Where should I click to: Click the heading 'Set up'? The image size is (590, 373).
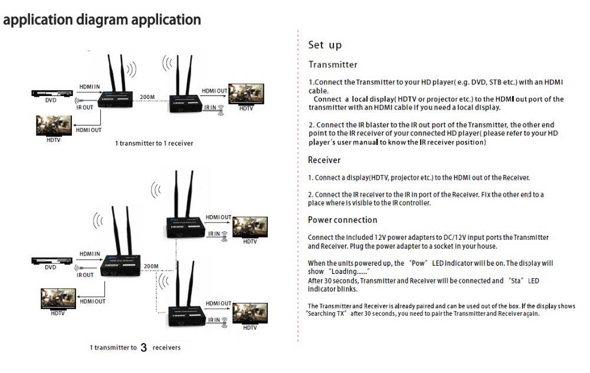coord(324,45)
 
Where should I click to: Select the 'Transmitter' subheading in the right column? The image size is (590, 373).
coord(333,65)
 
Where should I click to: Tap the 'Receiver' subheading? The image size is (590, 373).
coord(324,160)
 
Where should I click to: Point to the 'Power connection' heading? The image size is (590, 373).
coord(342,220)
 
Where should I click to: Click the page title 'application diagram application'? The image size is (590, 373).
coord(102,19)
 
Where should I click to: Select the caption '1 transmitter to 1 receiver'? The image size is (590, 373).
coord(153,143)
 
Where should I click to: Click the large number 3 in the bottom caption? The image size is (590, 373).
coord(144,348)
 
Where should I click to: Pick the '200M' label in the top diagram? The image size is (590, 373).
coord(147,97)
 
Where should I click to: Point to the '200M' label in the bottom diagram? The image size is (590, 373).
coord(151,266)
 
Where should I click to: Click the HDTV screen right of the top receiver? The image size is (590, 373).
coord(245,94)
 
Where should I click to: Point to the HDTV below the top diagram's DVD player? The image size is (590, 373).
coord(54,126)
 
